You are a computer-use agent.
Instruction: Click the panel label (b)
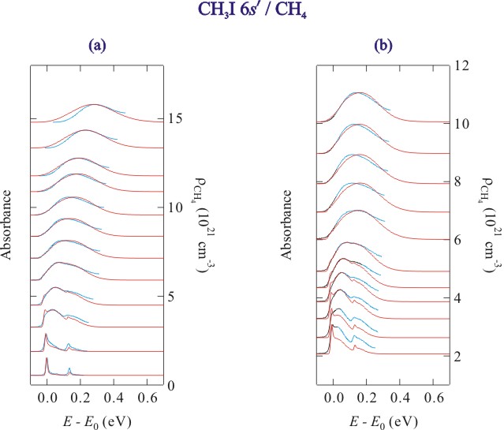(383, 46)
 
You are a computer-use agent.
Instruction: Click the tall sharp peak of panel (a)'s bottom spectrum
(47, 361)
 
